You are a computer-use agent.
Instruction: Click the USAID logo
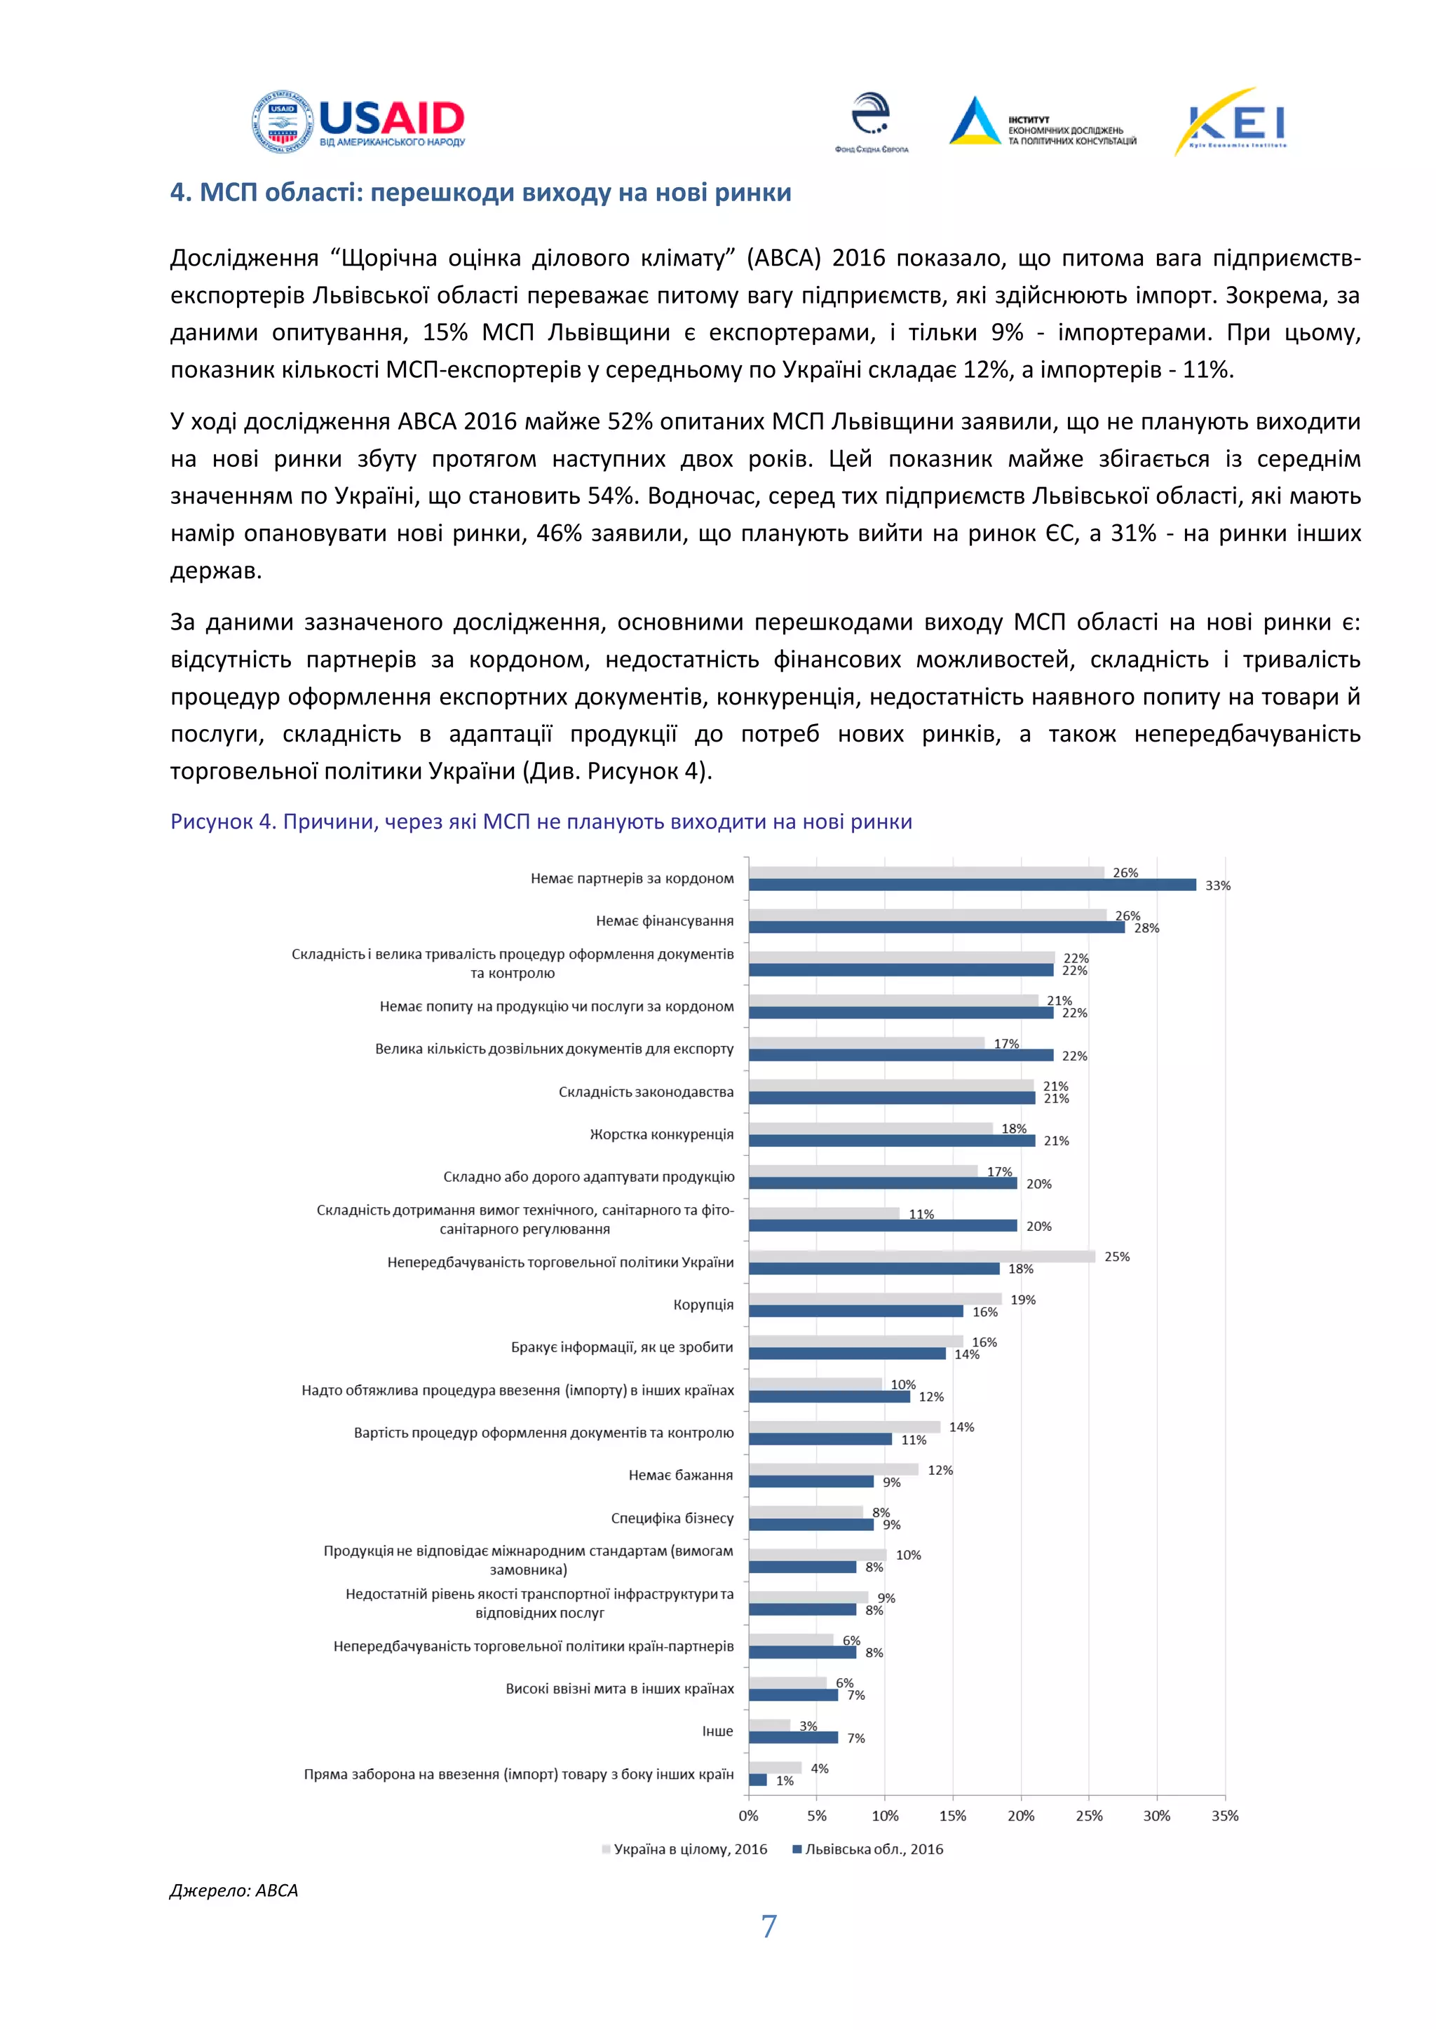point(358,122)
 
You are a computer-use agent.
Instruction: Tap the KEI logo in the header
point(1230,122)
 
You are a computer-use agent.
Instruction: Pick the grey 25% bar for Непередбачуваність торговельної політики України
point(921,1256)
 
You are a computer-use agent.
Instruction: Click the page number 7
point(768,1926)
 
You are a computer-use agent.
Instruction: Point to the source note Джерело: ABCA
point(233,1891)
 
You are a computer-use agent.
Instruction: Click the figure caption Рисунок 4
point(541,822)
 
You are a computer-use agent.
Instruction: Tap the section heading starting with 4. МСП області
point(480,192)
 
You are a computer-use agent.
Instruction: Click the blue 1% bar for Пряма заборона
point(758,1780)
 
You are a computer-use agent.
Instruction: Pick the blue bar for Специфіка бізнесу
point(811,1525)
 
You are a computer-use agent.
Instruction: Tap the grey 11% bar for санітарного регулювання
point(823,1214)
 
